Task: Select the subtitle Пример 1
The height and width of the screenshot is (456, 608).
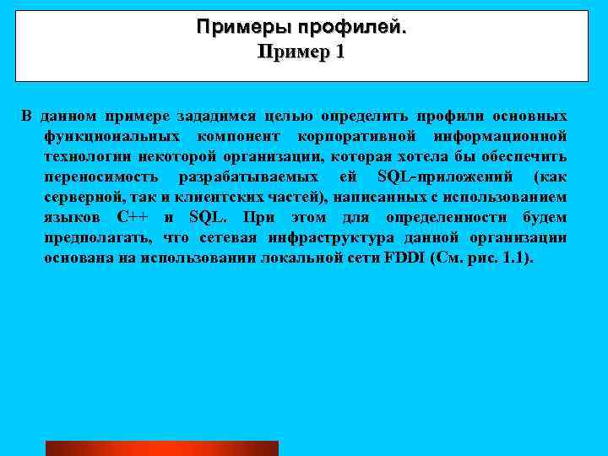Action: point(301,52)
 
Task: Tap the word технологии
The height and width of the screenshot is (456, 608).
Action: point(84,156)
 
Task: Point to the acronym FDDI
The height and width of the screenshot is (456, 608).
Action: point(404,258)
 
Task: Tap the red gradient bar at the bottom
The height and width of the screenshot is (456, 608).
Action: point(161,448)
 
